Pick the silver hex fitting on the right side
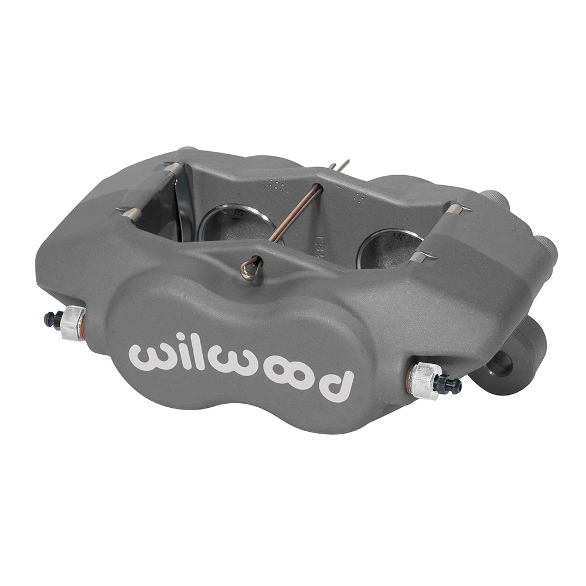tap(425, 380)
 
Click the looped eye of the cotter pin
tap(251, 268)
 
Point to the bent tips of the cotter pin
tap(340, 166)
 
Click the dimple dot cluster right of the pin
tap(356, 196)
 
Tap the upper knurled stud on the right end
tap(495, 199)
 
